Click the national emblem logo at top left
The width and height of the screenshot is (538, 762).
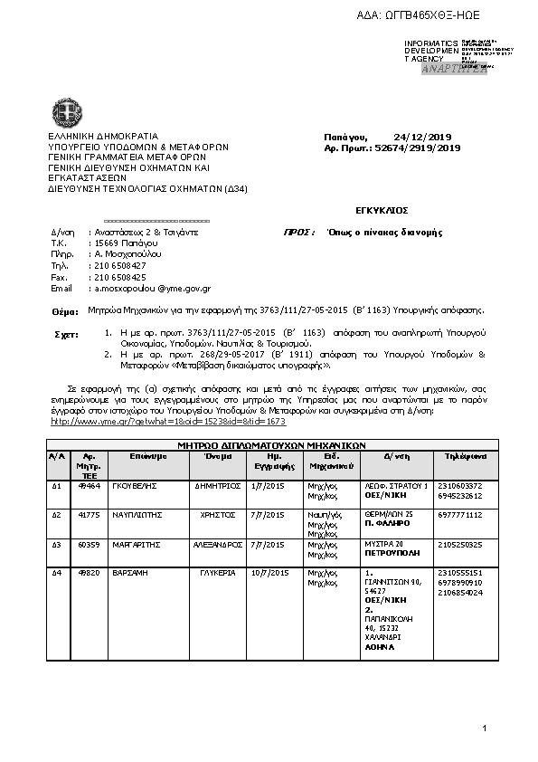(66, 114)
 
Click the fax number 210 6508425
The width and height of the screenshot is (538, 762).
(120, 277)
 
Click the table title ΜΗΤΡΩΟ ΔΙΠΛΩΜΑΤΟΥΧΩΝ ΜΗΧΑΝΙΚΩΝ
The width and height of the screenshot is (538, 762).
(270, 445)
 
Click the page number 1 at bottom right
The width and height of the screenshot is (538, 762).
(485, 729)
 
